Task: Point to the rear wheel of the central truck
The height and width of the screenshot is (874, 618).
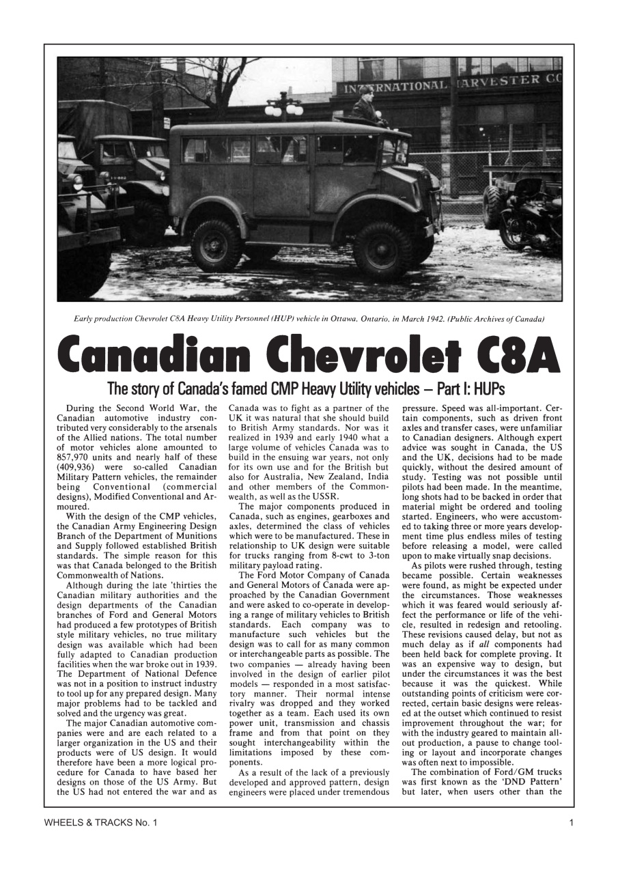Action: pos(216,246)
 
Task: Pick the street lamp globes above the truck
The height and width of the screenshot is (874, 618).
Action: pos(284,107)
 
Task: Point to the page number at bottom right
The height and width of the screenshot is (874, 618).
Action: pos(571,823)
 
